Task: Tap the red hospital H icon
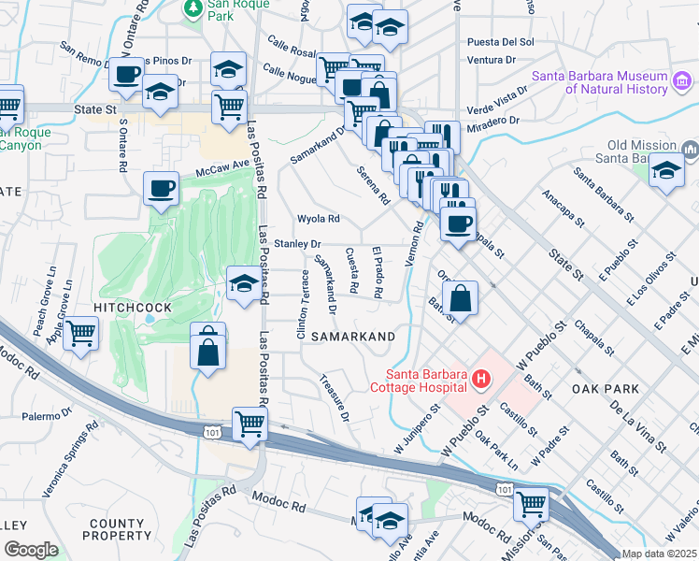pyautogui.click(x=480, y=379)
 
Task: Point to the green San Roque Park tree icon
pyautogui.click(x=193, y=8)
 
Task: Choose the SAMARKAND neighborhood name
pyautogui.click(x=352, y=336)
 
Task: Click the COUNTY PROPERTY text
pyautogui.click(x=117, y=528)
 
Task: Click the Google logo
pyautogui.click(x=31, y=550)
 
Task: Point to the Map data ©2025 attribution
pyautogui.click(x=659, y=554)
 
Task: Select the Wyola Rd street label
pyautogui.click(x=317, y=219)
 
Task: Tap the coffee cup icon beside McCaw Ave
pyautogui.click(x=161, y=188)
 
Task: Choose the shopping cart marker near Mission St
pyautogui.click(x=531, y=503)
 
